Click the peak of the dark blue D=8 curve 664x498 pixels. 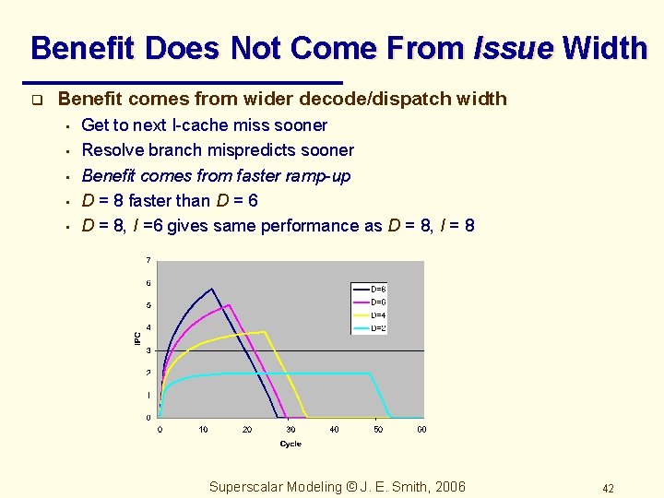pyautogui.click(x=212, y=290)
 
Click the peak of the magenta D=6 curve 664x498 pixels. pyautogui.click(x=230, y=305)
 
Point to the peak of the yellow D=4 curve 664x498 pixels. pyautogui.click(x=266, y=332)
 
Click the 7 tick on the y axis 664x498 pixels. pyautogui.click(x=149, y=261)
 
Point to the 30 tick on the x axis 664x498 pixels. pyautogui.click(x=290, y=429)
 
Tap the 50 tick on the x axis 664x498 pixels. pyautogui.click(x=378, y=429)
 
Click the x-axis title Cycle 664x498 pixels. pyautogui.click(x=290, y=445)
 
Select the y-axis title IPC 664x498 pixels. pyautogui.click(x=137, y=339)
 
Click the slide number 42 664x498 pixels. pyautogui.click(x=608, y=488)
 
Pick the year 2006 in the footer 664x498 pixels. pyautogui.click(x=447, y=487)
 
